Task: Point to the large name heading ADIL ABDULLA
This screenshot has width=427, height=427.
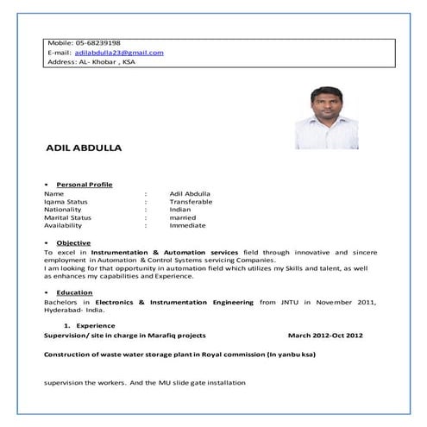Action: [83, 148]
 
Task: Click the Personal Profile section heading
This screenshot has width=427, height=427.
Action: [84, 185]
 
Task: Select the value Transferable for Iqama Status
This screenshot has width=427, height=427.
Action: [191, 202]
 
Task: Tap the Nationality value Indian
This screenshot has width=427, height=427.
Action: [180, 210]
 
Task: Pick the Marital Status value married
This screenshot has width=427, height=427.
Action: [183, 217]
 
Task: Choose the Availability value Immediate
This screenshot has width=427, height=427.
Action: [187, 226]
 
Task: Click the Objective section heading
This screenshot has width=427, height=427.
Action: [73, 243]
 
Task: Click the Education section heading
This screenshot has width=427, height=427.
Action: [74, 293]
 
